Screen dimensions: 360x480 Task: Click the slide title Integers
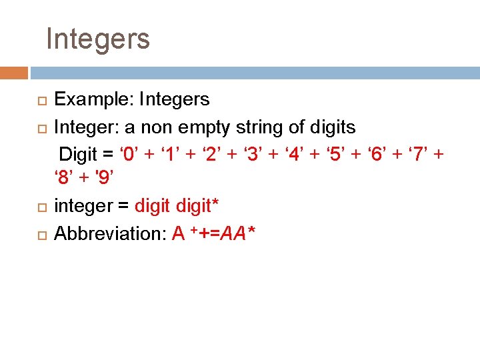click(98, 39)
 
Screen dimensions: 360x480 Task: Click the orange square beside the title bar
click(14, 72)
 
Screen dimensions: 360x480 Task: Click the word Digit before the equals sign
click(79, 153)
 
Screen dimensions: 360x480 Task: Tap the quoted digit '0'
click(130, 153)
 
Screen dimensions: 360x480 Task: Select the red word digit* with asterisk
click(198, 207)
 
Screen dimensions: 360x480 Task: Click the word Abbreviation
click(109, 233)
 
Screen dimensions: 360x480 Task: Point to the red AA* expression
click(239, 233)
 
